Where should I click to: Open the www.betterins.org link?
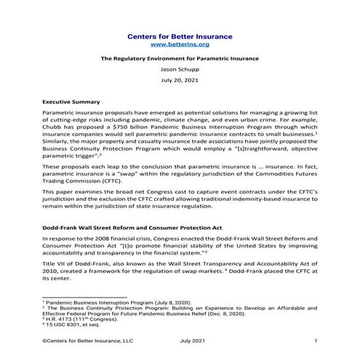coord(179,44)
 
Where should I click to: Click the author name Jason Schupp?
coord(179,71)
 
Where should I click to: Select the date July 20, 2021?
coord(179,84)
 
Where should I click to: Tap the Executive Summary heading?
coord(71,103)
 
